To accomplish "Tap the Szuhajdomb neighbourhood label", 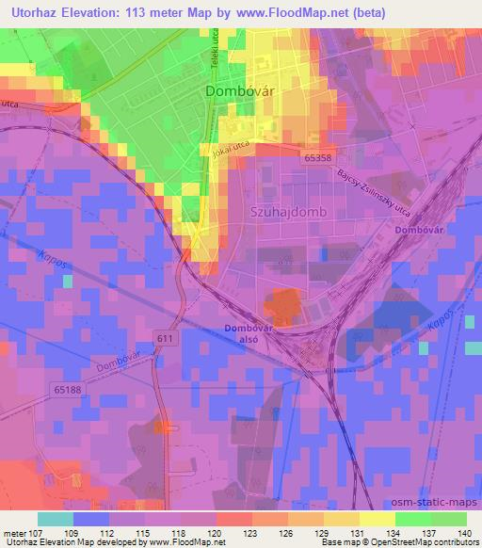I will pyautogui.click(x=289, y=213).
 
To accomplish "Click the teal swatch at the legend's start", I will pyautogui.click(x=55, y=518).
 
